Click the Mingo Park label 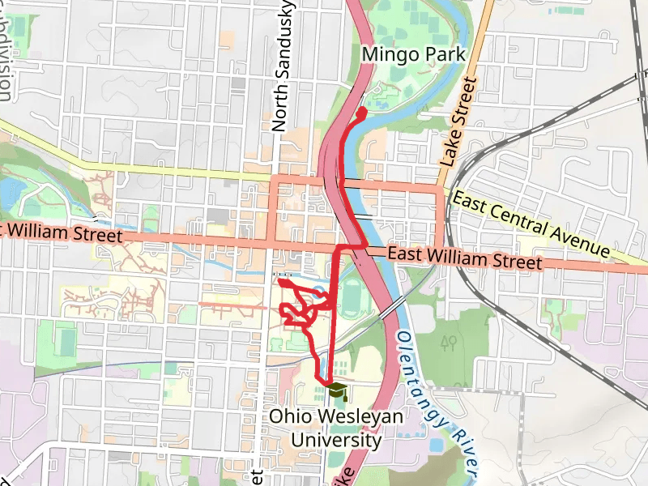(x=414, y=54)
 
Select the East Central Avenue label (x=530, y=224)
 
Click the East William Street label (x=464, y=259)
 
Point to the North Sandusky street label (x=281, y=65)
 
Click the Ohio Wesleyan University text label (x=335, y=428)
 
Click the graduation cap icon (x=336, y=391)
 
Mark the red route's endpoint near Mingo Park (x=362, y=110)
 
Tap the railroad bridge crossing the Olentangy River (x=392, y=308)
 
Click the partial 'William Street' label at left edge (x=61, y=234)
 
